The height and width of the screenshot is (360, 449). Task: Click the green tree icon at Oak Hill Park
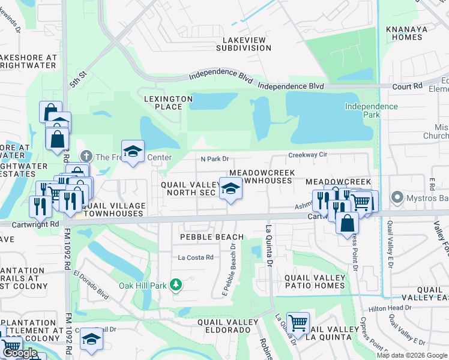coord(176,284)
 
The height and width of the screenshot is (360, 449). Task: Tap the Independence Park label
coord(371,110)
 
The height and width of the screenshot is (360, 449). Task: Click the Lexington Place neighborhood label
coord(168,103)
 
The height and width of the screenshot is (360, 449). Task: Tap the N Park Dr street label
coord(214,159)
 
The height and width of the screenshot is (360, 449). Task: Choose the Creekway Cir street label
coord(307,155)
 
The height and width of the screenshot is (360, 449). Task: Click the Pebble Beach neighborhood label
coord(212,237)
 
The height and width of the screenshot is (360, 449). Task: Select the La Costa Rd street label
coord(196,257)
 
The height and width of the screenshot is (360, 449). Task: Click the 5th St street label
coord(79,80)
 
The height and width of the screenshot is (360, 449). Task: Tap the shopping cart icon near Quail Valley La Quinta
coord(298,323)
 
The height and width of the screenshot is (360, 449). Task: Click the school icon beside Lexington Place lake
coord(133,151)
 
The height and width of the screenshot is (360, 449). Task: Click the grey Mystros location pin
coord(396,197)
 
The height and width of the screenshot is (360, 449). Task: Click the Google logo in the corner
coord(20,353)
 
